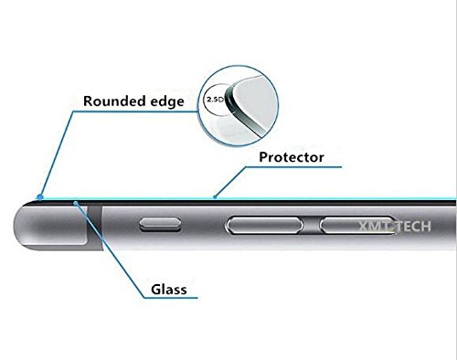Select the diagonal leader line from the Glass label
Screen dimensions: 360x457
101,248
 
